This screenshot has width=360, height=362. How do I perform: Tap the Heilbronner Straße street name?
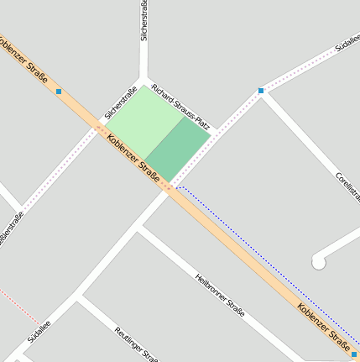tap(220, 295)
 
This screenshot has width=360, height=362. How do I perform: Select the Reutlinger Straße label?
tap(136, 343)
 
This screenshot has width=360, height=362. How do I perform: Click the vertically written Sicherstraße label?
tap(144, 21)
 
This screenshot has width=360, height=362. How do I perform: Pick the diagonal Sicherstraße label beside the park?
tap(121, 104)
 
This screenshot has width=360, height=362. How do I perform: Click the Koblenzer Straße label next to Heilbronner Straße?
tap(323, 324)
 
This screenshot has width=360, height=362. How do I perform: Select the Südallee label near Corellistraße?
tap(346, 42)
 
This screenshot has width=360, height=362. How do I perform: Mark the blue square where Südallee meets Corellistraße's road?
tap(261, 91)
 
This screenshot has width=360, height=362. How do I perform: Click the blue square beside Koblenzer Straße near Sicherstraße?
tap(59, 91)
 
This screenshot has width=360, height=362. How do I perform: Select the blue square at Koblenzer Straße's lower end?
tap(354, 354)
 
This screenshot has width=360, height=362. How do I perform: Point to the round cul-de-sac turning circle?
tap(319, 263)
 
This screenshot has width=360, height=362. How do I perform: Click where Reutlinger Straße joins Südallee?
tap(79, 296)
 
